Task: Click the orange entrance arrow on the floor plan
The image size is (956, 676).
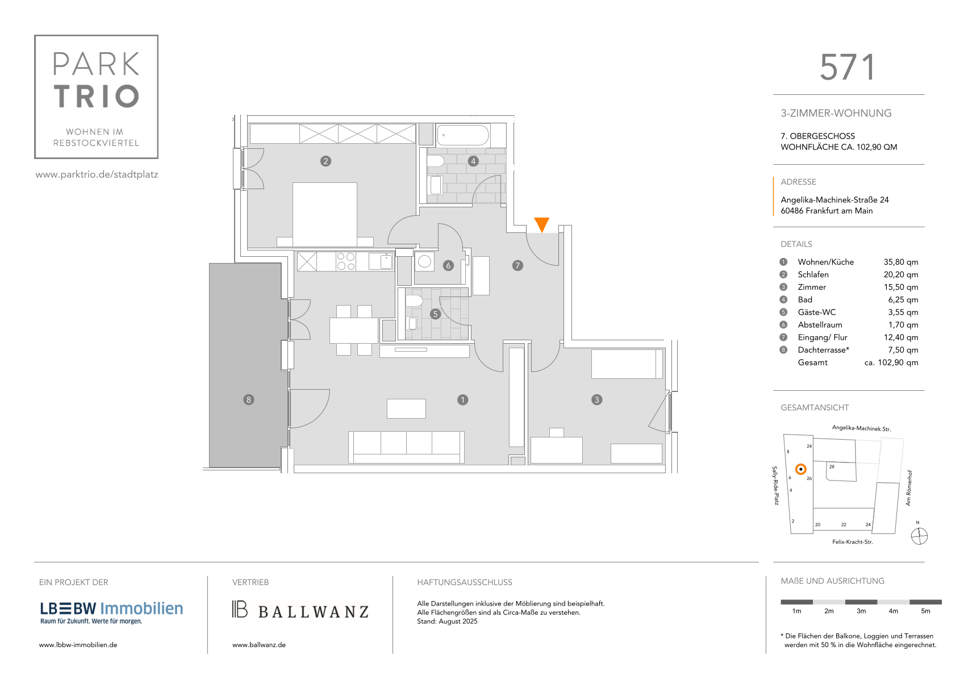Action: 541,224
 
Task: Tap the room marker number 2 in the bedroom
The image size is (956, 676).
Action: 325,161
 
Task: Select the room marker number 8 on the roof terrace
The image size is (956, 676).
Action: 248,400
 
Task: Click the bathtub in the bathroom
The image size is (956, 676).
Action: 462,135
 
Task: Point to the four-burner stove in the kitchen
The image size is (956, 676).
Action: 346,261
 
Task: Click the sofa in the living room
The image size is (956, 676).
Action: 406,447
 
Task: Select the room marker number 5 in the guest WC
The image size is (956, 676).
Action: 435,315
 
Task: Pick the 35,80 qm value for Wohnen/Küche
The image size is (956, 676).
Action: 900,262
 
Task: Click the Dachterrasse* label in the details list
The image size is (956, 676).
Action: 823,350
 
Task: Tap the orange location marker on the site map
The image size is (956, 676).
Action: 801,469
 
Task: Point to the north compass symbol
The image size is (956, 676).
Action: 919,536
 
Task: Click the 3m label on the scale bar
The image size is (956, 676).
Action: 861,611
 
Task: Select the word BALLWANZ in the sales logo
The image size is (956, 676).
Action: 314,612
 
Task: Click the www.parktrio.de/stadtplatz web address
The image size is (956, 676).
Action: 97,174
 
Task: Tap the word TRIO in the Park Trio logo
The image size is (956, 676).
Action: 97,96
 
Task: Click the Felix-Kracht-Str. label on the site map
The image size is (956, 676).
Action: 852,542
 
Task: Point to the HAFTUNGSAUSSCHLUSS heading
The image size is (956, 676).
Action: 464,582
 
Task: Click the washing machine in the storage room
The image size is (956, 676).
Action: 424,261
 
